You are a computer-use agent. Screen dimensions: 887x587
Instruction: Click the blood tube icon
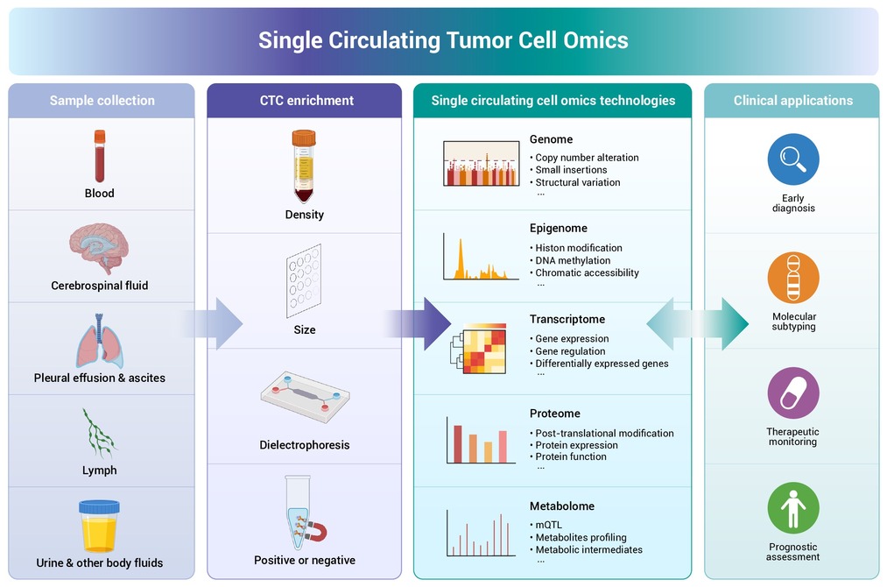coord(100,156)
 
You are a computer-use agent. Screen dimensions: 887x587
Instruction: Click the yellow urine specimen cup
coord(99,526)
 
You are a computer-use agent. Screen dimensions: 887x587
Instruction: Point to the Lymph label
coord(100,470)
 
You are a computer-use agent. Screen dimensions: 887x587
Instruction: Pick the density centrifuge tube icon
coord(304,166)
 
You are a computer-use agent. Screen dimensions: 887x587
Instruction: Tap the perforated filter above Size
coord(304,280)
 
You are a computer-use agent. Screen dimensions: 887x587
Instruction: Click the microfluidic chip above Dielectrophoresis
coord(305,397)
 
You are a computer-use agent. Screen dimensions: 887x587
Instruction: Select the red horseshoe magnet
coord(315,532)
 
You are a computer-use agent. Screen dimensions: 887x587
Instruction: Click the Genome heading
coord(551,139)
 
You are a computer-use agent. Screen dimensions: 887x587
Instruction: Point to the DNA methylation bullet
coord(573,260)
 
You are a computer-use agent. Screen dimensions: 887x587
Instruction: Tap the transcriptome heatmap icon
coord(479,348)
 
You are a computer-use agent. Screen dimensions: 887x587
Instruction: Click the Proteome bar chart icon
coord(481,441)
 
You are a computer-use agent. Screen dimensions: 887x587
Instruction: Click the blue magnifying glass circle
coord(793,159)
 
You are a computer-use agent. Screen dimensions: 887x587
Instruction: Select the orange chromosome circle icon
coord(793,278)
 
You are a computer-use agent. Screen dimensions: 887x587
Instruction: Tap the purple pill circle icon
coord(793,393)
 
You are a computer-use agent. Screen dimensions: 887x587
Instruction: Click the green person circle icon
coord(793,508)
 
